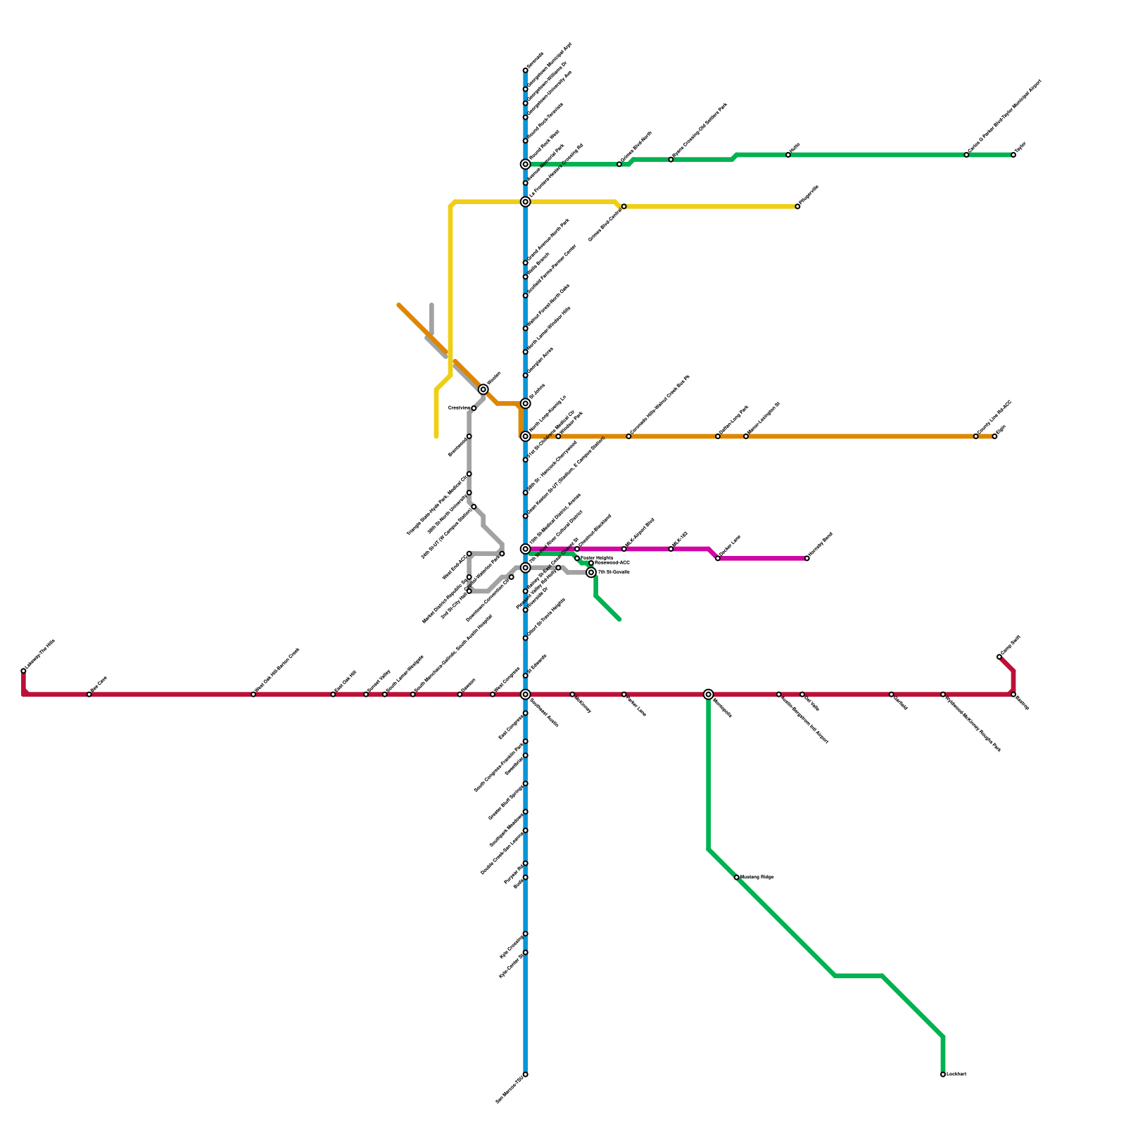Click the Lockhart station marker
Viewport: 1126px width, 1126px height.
943,1075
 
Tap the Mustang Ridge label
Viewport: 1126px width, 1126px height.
757,877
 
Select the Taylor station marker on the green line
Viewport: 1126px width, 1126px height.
1013,155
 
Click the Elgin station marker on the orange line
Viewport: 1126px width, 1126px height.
994,436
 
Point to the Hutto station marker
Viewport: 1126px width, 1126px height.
788,155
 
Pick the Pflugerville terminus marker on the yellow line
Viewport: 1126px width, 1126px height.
797,207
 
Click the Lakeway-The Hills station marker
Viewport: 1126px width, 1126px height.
23,671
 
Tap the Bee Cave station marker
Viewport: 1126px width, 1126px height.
89,695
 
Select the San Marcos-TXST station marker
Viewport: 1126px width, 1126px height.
525,1075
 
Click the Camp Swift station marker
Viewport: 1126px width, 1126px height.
999,657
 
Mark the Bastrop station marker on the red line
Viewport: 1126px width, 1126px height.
1013,695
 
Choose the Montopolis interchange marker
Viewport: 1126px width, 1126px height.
708,695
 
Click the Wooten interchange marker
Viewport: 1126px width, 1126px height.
483,389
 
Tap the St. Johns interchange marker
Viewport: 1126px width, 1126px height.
525,403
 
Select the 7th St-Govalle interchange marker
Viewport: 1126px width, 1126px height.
591,572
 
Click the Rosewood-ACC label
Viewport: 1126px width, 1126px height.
612,563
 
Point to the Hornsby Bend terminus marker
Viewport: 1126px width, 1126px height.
807,559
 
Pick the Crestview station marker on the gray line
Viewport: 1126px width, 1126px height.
474,408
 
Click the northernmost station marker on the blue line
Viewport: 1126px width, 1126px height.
525,70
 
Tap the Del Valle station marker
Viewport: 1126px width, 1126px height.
802,695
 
